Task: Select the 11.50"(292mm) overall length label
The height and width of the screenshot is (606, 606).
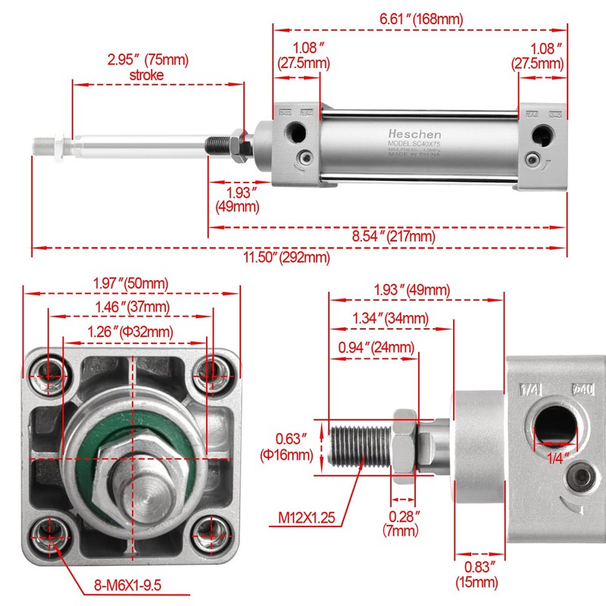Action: [x=286, y=258]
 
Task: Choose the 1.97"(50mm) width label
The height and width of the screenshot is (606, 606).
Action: [x=130, y=283]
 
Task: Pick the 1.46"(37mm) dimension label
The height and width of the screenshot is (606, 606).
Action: [x=130, y=307]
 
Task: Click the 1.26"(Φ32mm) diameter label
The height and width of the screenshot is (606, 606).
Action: [x=130, y=331]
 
